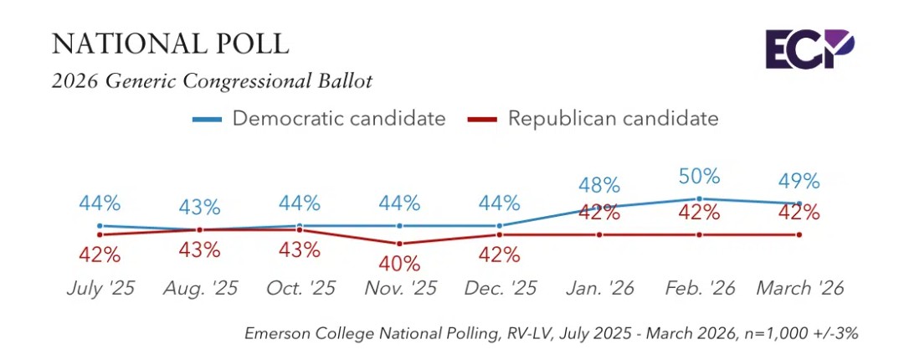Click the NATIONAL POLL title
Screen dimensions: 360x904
(x=170, y=44)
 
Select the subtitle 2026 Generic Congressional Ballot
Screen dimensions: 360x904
(x=212, y=81)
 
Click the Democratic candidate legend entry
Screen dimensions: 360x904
(x=319, y=118)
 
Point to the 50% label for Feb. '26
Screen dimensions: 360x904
(x=699, y=176)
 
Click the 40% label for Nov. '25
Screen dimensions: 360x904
(x=399, y=264)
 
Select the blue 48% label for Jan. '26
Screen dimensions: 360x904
(x=599, y=184)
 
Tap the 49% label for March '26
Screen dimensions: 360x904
(x=799, y=180)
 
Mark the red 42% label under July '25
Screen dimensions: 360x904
(x=100, y=255)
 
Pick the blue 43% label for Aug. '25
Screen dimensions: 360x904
(x=199, y=206)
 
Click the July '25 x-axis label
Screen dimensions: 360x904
(x=100, y=289)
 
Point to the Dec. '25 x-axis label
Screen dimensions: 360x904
(x=499, y=289)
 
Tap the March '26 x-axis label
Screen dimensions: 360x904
(x=799, y=289)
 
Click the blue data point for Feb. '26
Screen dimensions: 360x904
(x=699, y=198)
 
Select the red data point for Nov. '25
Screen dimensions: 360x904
(x=399, y=244)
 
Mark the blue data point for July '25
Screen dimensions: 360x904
(x=100, y=225)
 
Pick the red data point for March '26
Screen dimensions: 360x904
(x=799, y=234)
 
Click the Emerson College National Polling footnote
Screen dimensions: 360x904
(x=552, y=333)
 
